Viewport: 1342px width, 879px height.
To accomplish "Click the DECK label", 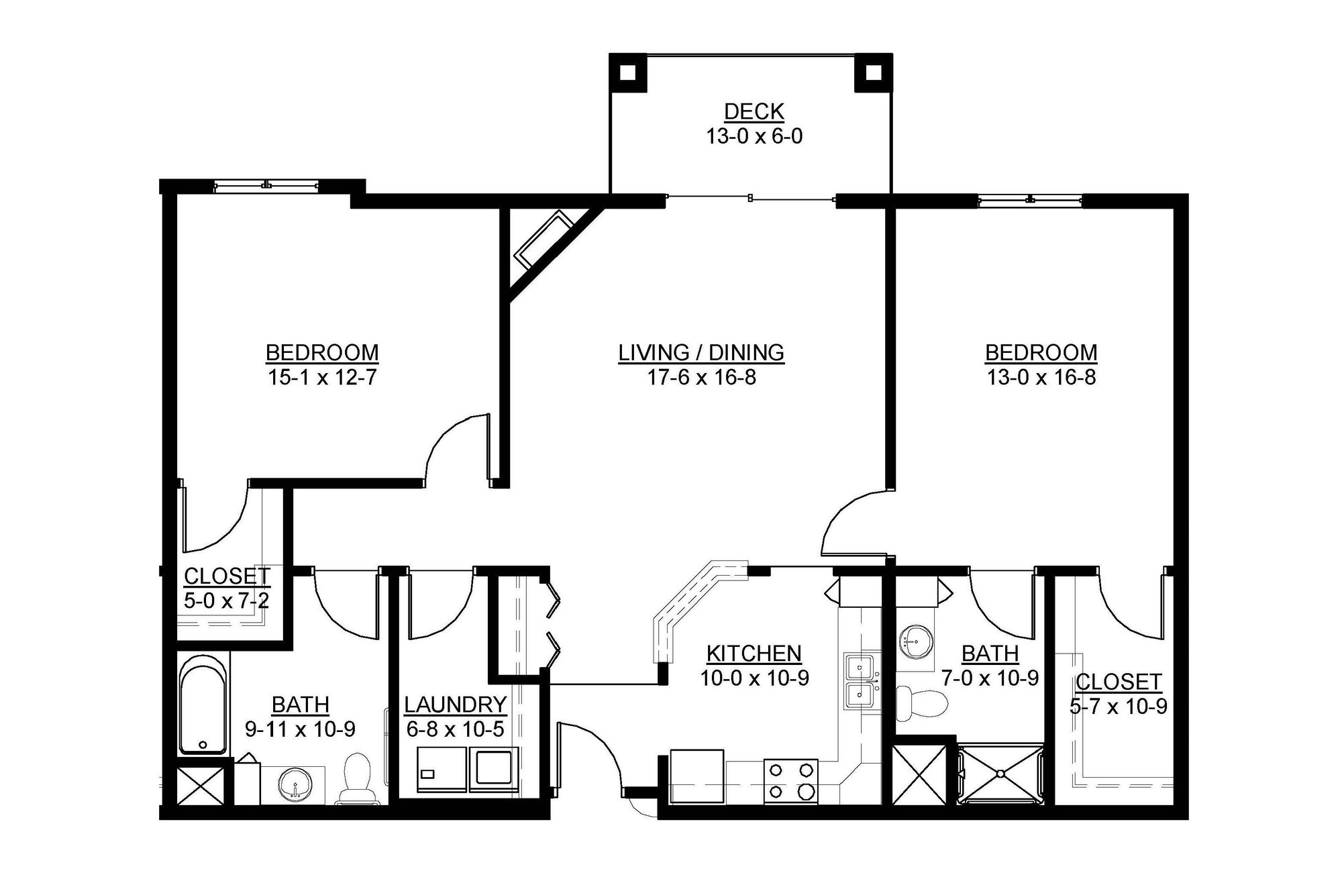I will point(754,111).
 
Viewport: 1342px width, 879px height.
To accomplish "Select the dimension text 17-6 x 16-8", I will point(701,378).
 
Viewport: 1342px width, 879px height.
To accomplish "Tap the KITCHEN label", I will point(754,653).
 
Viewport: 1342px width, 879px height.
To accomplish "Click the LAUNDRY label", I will point(455,705).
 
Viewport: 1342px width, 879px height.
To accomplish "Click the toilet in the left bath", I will point(356,778).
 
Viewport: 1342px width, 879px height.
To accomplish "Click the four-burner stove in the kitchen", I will point(790,780).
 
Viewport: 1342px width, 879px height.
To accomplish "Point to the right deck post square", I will point(872,72).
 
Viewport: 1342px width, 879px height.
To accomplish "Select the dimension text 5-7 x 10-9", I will point(1119,707).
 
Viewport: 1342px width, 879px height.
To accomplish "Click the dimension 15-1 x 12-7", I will point(322,378).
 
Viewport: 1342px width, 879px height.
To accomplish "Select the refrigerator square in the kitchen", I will point(697,775).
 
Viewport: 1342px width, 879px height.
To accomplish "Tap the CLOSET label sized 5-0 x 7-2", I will point(227,576).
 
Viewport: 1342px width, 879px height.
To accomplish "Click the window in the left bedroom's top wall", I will point(267,185).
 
